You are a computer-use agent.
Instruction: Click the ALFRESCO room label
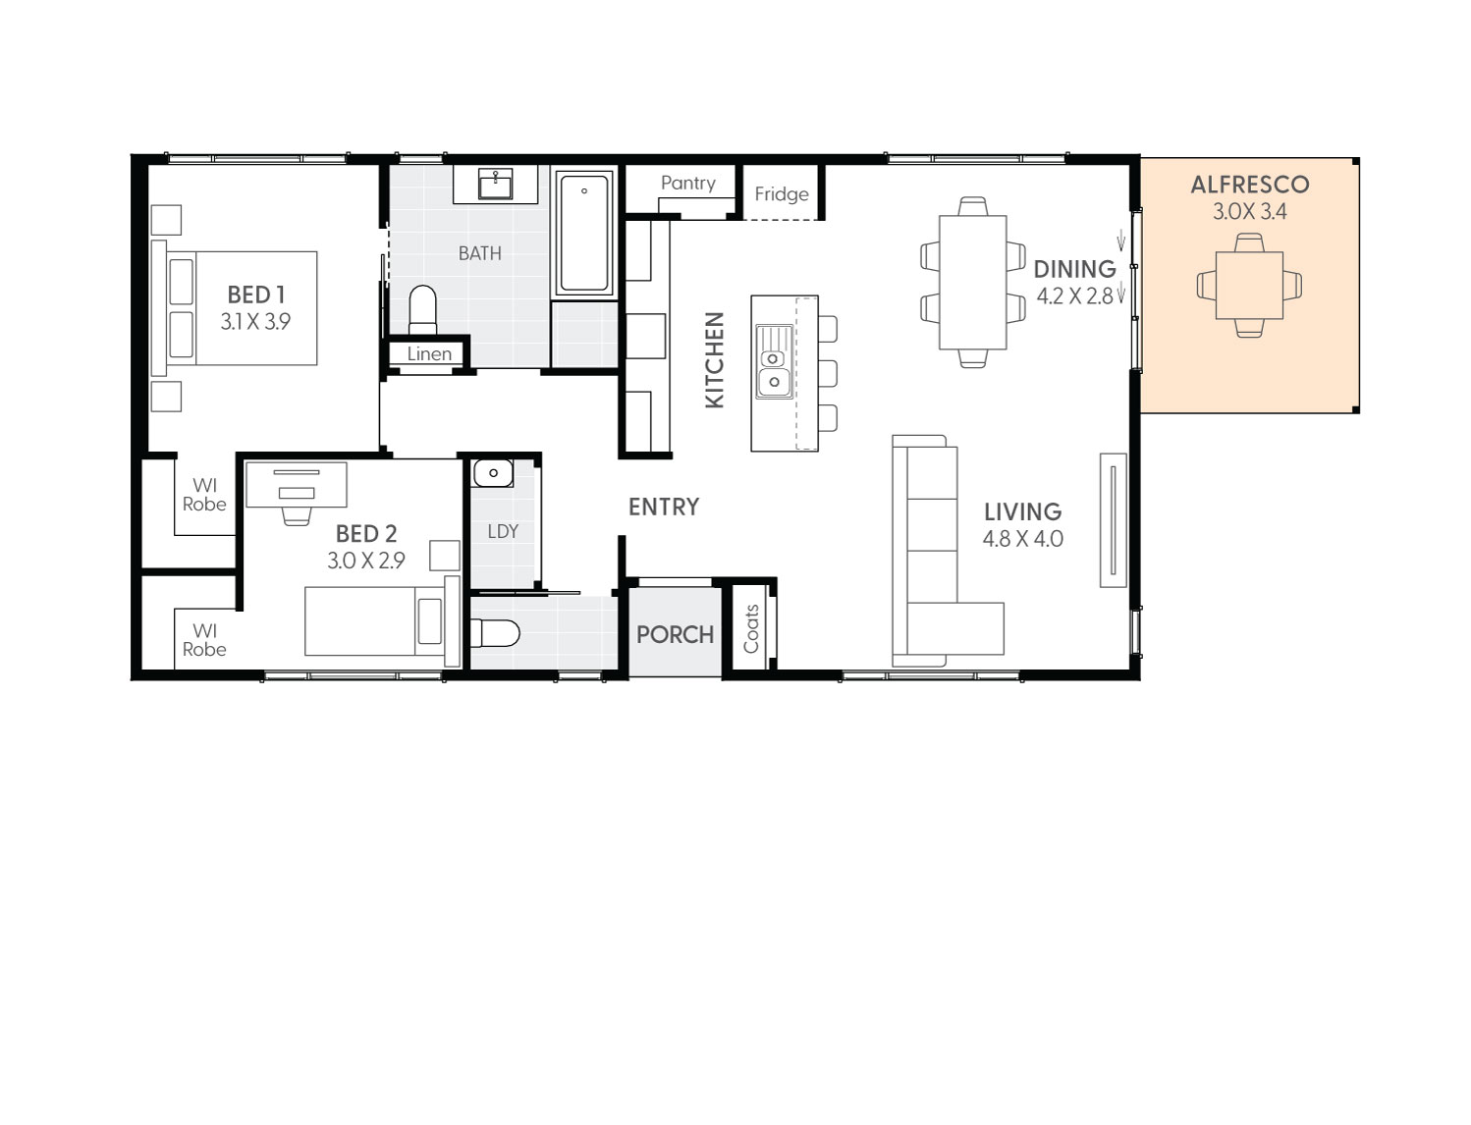coord(1249,185)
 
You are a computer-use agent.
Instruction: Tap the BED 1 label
coord(255,295)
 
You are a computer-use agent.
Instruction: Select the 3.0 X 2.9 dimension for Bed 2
coord(365,561)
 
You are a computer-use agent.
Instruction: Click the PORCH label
coord(675,635)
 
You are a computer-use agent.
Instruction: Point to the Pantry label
coord(687,184)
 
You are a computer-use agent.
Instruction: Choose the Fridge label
coord(782,194)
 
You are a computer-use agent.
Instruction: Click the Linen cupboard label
coord(429,354)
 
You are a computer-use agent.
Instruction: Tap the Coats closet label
coord(752,629)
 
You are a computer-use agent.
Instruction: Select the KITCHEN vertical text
coord(715,360)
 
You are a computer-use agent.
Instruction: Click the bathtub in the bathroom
coord(584,233)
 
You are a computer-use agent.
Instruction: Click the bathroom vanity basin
coord(495,184)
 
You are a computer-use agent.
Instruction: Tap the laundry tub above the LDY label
coord(493,473)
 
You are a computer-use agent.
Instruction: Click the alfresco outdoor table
coord(1249,286)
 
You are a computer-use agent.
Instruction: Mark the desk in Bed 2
coord(296,484)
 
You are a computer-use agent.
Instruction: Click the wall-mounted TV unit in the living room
coord(1113,520)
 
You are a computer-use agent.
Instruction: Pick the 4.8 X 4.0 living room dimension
coord(1022,539)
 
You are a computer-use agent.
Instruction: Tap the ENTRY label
coord(664,508)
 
